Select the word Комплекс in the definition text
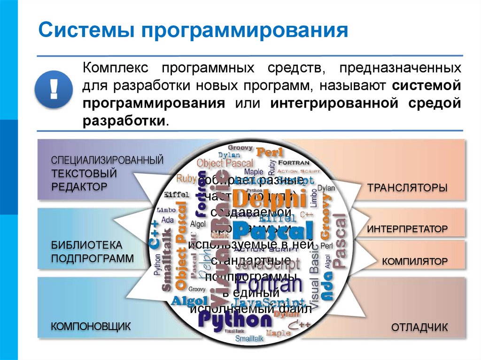[x=116, y=69]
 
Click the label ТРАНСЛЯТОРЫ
[x=407, y=188]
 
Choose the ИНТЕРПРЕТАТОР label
[x=407, y=230]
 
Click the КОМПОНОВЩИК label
[x=90, y=326]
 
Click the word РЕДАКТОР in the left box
[x=79, y=186]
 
